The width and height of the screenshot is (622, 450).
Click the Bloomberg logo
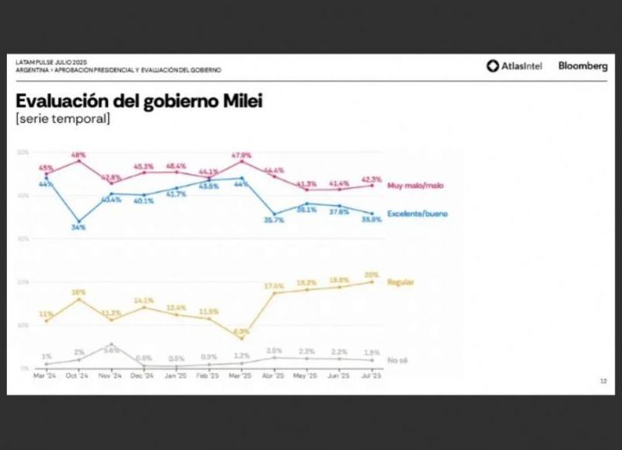tap(582, 66)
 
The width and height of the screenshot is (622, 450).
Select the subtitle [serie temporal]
tap(62, 119)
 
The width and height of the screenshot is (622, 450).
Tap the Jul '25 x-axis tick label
tap(372, 375)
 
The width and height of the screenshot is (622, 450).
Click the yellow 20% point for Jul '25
tap(372, 282)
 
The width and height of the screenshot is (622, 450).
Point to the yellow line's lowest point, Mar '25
tap(242, 338)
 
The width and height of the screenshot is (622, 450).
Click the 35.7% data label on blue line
tap(274, 222)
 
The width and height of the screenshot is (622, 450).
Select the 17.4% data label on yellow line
tap(274, 285)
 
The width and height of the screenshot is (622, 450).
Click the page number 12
tap(603, 381)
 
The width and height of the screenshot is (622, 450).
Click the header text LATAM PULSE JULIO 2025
tap(50, 62)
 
